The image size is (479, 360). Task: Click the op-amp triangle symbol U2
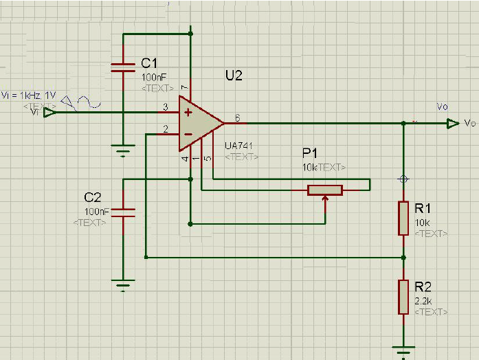(199, 123)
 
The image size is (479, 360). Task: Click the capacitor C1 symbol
(122, 67)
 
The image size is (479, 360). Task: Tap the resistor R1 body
(403, 218)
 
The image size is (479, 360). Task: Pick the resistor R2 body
(403, 297)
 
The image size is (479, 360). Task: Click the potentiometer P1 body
(324, 190)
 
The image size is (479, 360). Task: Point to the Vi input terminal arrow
(49, 112)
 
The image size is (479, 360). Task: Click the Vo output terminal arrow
(452, 124)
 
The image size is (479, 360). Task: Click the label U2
(234, 76)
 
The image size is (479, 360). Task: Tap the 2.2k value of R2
(424, 301)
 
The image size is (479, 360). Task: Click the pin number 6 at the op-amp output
(238, 117)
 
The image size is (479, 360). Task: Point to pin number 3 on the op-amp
(165, 107)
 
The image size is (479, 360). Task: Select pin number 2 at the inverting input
(165, 128)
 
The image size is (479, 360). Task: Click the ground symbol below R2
(403, 351)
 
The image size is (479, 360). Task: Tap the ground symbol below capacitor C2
(123, 282)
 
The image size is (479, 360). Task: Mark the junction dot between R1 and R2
(403, 258)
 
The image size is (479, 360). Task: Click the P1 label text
(311, 153)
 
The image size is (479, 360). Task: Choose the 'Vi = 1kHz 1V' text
(28, 95)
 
